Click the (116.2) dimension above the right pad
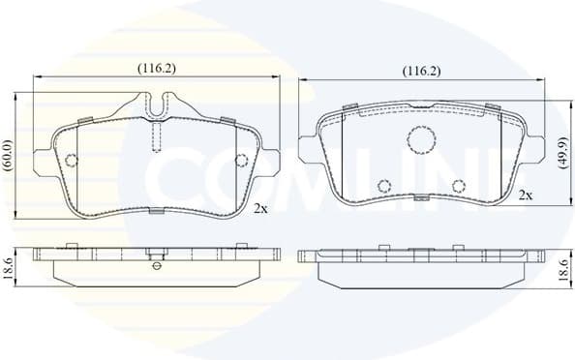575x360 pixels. pos(421,72)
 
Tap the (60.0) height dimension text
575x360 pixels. pos(9,155)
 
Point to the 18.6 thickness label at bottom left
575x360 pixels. pos(9,267)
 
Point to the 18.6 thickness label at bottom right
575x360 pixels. pos(562,268)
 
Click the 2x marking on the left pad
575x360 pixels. pos(259,207)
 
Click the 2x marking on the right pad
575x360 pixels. pos(526,195)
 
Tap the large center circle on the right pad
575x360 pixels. pos(421,139)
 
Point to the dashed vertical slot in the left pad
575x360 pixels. pos(156,135)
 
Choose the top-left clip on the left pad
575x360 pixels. pos(85,120)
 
